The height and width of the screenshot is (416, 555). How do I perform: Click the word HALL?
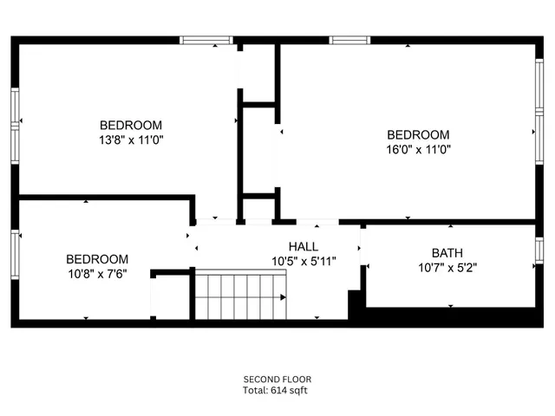click(x=303, y=246)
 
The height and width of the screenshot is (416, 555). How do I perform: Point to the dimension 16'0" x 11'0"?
click(x=418, y=149)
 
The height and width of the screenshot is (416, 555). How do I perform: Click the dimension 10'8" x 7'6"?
click(x=97, y=274)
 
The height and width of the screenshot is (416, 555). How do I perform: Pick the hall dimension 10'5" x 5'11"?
click(x=303, y=260)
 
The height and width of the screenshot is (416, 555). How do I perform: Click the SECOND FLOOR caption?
click(x=277, y=379)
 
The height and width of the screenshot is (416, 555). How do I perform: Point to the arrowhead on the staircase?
click(x=283, y=297)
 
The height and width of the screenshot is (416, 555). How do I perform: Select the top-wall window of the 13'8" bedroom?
click(x=206, y=40)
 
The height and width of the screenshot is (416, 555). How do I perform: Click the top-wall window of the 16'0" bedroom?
click(x=349, y=40)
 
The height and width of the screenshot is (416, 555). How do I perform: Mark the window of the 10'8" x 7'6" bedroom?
click(x=15, y=257)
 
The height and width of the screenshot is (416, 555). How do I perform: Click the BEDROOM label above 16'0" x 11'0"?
click(x=418, y=134)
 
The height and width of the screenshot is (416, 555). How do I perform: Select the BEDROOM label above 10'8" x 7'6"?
click(x=97, y=259)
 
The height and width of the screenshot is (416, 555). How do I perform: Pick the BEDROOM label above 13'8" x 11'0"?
click(x=130, y=125)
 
